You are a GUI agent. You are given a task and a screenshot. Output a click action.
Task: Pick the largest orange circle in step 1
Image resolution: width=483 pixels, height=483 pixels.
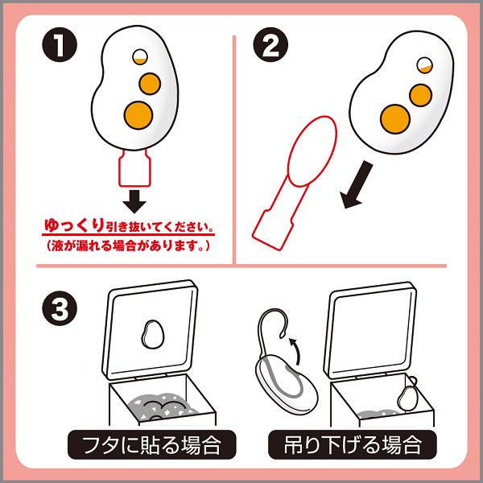(x=137, y=114)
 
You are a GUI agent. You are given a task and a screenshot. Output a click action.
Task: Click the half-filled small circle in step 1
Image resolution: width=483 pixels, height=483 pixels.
(x=138, y=57)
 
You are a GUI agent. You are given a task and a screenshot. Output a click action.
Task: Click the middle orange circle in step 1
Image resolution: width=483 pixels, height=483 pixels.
(x=148, y=81)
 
